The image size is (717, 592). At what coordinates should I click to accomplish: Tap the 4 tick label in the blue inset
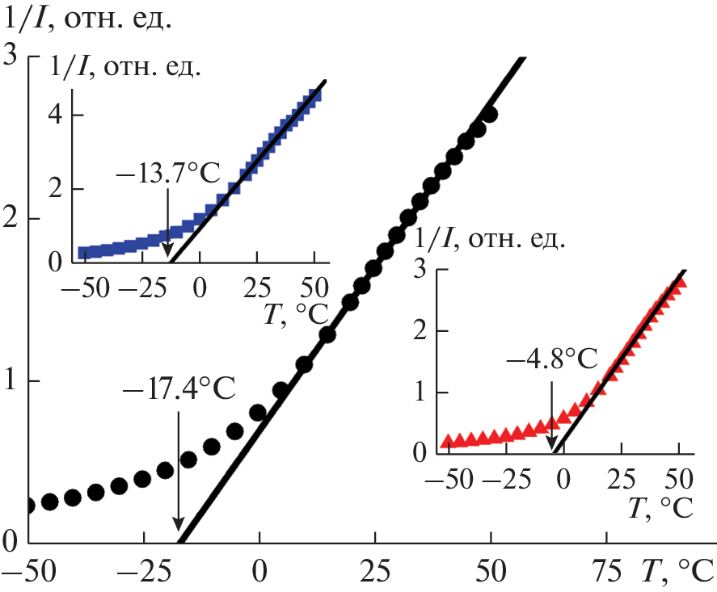(x=56, y=115)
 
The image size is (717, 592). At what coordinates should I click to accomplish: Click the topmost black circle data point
(x=488, y=114)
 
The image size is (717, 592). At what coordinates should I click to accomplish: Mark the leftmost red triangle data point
(x=446, y=441)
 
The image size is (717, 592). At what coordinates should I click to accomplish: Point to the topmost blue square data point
(x=315, y=95)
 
